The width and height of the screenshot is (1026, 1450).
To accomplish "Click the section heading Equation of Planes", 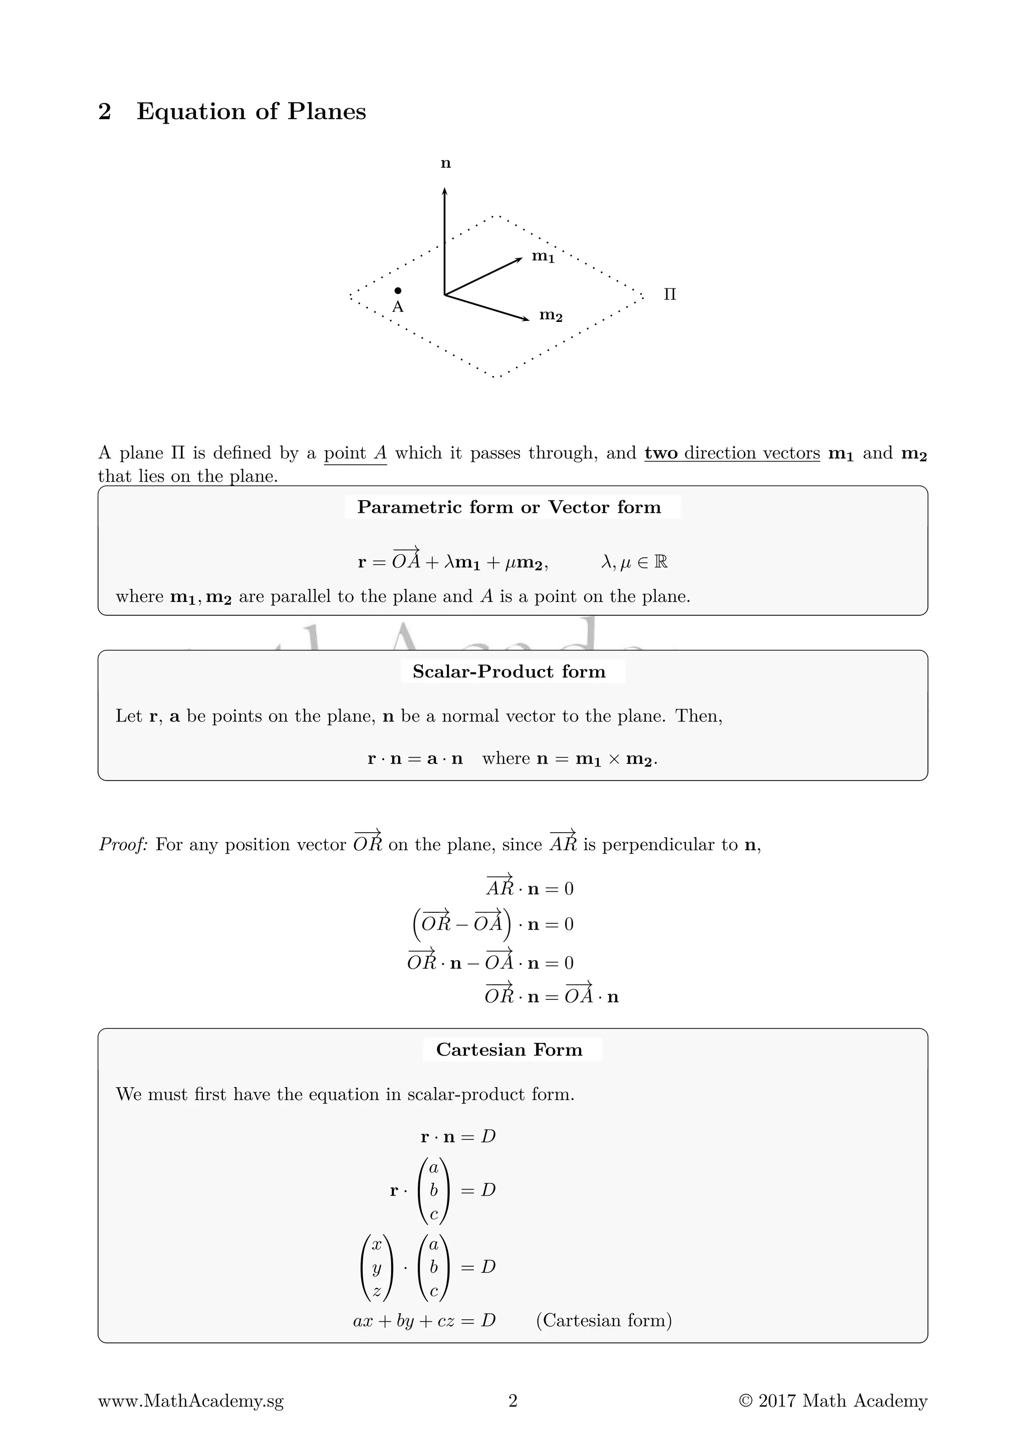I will [251, 111].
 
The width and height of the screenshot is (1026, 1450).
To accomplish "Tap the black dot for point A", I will [397, 290].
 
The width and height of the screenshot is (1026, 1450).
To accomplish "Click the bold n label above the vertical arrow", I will [445, 164].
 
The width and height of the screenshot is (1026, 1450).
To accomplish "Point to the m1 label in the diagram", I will [543, 256].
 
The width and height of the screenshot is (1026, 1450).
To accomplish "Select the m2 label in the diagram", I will [550, 314].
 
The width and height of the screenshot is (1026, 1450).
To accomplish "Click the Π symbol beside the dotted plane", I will [670, 294].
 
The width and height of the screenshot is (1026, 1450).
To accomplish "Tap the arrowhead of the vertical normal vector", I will [445, 191].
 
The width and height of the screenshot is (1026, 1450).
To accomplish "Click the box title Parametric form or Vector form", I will [509, 507].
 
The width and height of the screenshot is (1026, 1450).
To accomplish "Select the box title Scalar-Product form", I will [509, 671].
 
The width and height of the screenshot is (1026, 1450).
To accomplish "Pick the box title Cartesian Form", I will [509, 1049].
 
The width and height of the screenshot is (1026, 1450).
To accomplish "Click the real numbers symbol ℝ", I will [661, 561].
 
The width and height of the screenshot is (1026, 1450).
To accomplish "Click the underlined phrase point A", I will [355, 454].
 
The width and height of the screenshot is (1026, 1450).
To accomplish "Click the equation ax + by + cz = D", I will [424, 1320].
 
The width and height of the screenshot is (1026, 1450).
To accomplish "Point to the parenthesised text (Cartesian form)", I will [603, 1320].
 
